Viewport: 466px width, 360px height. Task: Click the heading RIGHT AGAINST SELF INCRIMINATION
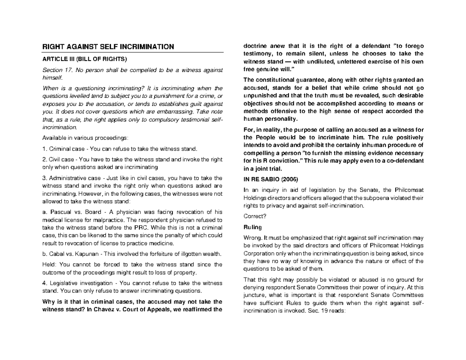coord(108,47)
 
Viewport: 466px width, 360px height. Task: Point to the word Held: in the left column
coord(49,265)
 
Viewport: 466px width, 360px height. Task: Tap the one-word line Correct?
coord(252,217)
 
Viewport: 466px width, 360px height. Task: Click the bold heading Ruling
coord(252,227)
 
